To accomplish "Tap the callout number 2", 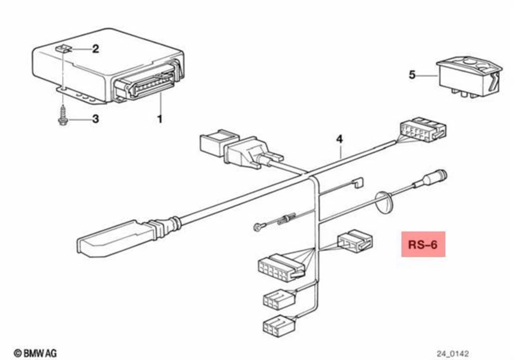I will point(95,49).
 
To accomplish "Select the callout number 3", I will point(95,118).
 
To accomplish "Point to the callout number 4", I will point(339,139).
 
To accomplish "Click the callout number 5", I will point(412,75).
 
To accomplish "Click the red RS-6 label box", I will point(423,244).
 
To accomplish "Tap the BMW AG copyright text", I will point(35,352).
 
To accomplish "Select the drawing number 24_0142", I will point(452,353).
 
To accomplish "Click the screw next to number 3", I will point(62,117).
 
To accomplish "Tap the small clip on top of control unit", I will point(64,48).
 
